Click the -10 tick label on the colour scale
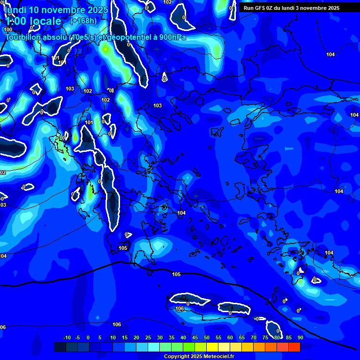(x=67, y=337)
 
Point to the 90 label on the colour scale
(x=300, y=337)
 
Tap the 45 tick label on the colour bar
(x=195, y=337)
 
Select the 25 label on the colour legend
(x=148, y=337)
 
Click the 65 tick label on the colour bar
(x=242, y=337)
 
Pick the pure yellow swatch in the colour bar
(x=212, y=347)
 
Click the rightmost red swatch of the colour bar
(x=294, y=347)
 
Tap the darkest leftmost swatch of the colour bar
(x=60, y=347)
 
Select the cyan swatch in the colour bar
(x=154, y=347)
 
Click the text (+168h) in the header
(x=83, y=21)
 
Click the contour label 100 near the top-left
(x=8, y=29)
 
